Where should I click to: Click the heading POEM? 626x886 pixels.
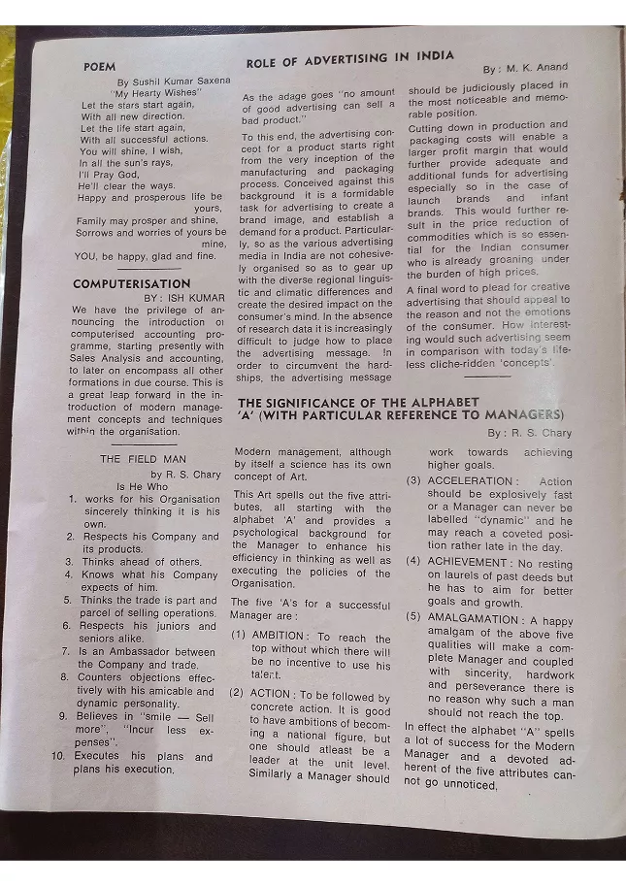[x=100, y=68]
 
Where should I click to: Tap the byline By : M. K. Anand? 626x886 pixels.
[x=525, y=69]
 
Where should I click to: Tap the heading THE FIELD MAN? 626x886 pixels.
[x=138, y=459]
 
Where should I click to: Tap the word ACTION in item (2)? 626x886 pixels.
[x=270, y=694]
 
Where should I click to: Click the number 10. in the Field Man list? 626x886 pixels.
[x=58, y=756]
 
